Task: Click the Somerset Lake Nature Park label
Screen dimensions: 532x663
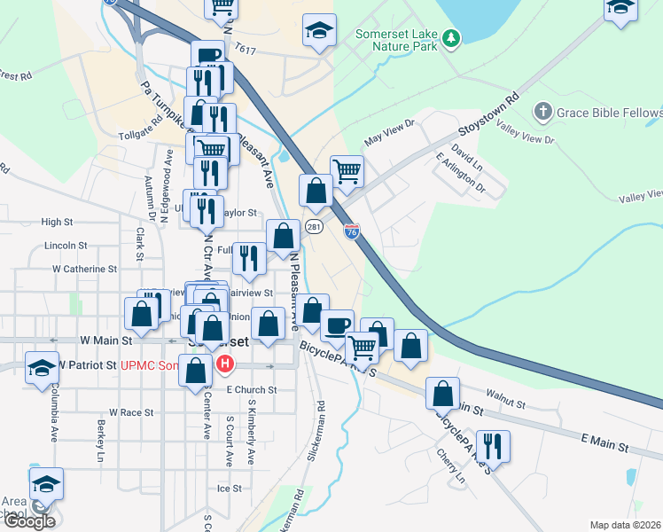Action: pos(395,40)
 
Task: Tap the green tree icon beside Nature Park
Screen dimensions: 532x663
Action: pos(452,37)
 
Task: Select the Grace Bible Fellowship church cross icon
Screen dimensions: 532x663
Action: pos(542,112)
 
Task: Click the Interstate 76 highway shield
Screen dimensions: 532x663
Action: pos(352,231)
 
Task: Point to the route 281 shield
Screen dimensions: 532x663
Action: pos(314,229)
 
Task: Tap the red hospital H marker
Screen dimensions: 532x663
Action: pos(225,364)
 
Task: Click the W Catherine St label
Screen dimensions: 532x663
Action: pos(84,268)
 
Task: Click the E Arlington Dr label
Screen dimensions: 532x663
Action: pos(461,172)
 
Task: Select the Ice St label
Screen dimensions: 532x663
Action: pos(229,489)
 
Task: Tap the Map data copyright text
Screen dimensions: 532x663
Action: pos(626,525)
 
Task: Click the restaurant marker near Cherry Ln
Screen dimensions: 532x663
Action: pos(493,446)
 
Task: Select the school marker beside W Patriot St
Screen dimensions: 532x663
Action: pos(42,368)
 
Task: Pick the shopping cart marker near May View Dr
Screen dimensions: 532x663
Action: pos(347,170)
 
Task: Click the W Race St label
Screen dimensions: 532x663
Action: pos(131,412)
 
